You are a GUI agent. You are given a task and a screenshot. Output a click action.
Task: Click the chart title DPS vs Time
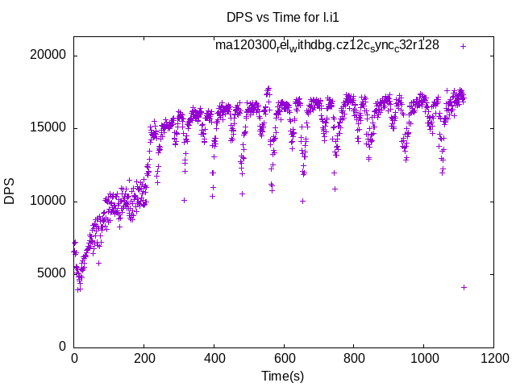tap(277, 16)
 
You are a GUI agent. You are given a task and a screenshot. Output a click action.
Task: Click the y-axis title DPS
tap(10, 191)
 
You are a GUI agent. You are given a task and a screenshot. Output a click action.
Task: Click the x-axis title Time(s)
tap(282, 376)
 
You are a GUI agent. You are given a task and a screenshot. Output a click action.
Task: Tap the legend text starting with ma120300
tap(327, 45)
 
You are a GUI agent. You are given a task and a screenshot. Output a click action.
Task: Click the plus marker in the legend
tap(463, 46)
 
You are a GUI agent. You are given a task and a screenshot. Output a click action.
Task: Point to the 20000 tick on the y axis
tap(48, 56)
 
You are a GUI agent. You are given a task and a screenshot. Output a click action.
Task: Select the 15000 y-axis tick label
tap(48, 128)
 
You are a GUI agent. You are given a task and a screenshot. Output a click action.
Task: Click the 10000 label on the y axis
tap(48, 201)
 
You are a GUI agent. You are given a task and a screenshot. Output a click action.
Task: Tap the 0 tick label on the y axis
tap(62, 347)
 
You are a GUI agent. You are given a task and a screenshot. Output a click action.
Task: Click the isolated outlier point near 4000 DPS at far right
tap(464, 287)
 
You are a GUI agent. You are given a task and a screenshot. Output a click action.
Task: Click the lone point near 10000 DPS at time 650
tap(302, 201)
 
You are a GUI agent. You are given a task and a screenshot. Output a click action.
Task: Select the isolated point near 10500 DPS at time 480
tap(242, 193)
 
